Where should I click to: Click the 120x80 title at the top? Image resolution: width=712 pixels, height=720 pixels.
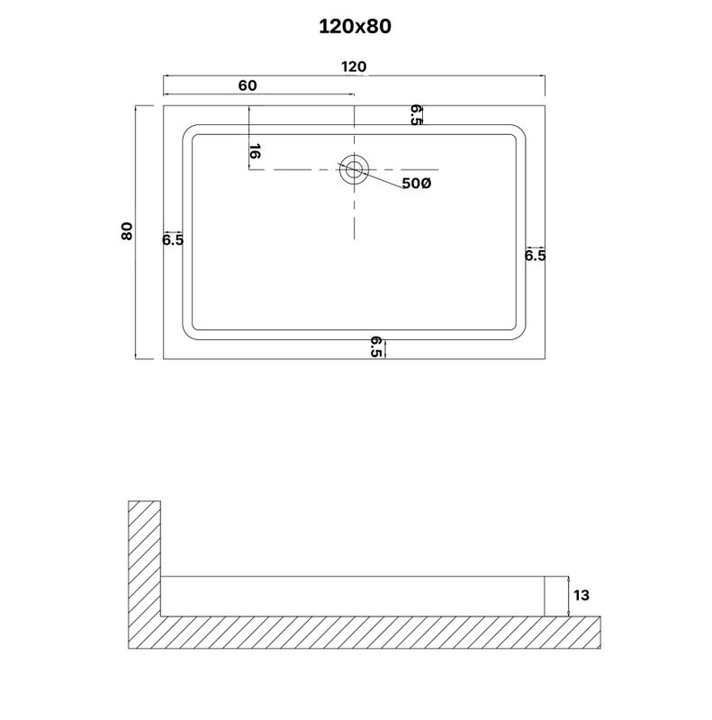pos(355,27)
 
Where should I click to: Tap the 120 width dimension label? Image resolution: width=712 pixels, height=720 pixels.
pos(354,67)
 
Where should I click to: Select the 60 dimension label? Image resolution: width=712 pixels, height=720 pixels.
pos(248,85)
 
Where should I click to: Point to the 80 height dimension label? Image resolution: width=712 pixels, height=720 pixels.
pos(127,230)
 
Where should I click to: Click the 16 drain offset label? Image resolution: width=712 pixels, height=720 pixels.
pos(255,151)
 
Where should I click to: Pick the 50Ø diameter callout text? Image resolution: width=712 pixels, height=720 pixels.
pos(417,184)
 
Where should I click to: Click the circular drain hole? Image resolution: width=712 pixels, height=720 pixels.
pos(354,169)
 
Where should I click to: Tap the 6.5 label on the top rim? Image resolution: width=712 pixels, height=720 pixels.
pos(416,115)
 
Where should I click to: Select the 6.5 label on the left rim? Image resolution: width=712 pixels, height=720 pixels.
pos(173,239)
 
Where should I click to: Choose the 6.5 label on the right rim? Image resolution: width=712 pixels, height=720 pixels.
pos(536,256)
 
